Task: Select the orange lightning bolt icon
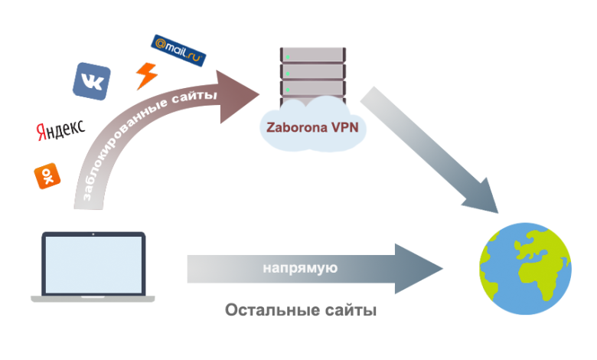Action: [145, 75]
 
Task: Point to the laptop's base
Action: [92, 296]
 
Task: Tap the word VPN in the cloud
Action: [345, 127]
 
